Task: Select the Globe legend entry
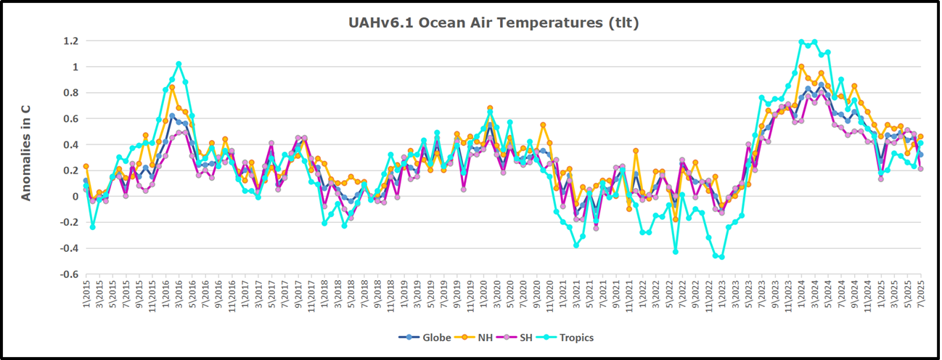(x=419, y=337)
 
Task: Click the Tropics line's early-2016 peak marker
(x=179, y=64)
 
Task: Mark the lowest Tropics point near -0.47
(x=721, y=257)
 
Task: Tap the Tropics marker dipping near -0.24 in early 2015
(x=93, y=227)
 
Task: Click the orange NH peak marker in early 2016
(x=172, y=87)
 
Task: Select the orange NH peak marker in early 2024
(x=801, y=66)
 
